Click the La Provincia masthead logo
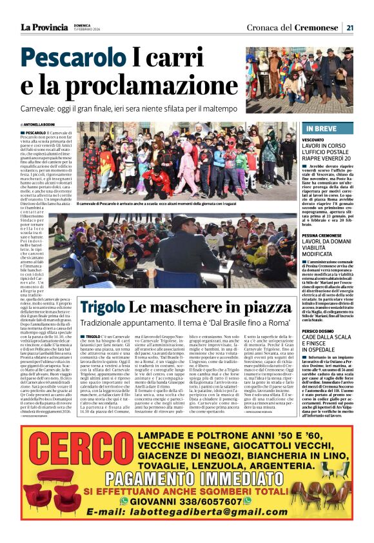tap(43, 27)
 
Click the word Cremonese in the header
tap(317, 27)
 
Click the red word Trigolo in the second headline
tap(104, 308)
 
